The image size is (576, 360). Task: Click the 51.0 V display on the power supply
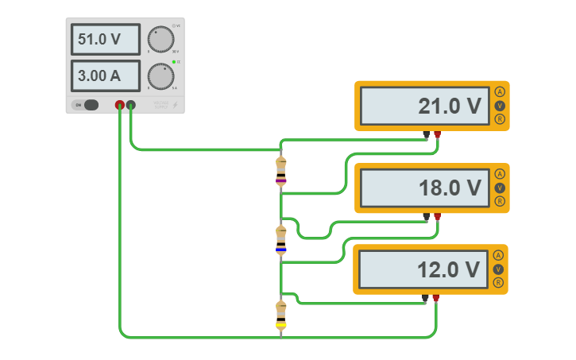coord(105,39)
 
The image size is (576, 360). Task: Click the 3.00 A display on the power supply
coord(105,76)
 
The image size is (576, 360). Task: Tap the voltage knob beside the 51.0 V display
coord(160,39)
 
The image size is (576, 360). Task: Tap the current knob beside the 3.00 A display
coord(160,76)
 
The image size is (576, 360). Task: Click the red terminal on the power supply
coord(120,104)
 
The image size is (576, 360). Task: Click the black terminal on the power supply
coord(131,104)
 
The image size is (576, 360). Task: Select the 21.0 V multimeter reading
coord(423,106)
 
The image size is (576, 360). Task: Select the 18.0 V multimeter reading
coord(423,188)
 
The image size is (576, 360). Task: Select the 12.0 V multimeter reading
coord(423,270)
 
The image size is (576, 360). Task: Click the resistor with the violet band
coord(281,172)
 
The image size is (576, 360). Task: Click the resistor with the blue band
coord(281,239)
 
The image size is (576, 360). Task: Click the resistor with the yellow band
coord(281,315)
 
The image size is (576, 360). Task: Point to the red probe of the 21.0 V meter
coord(437,134)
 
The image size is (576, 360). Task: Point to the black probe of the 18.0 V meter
coord(427,216)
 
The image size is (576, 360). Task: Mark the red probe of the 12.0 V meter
coord(435,299)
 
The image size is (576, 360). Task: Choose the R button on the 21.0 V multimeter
coord(500,119)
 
